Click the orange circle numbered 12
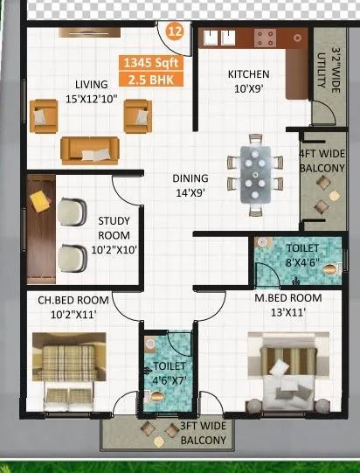(175, 33)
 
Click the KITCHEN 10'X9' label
(248, 80)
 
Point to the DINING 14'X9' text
(188, 186)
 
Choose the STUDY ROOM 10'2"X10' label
(114, 236)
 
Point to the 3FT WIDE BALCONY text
(204, 434)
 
